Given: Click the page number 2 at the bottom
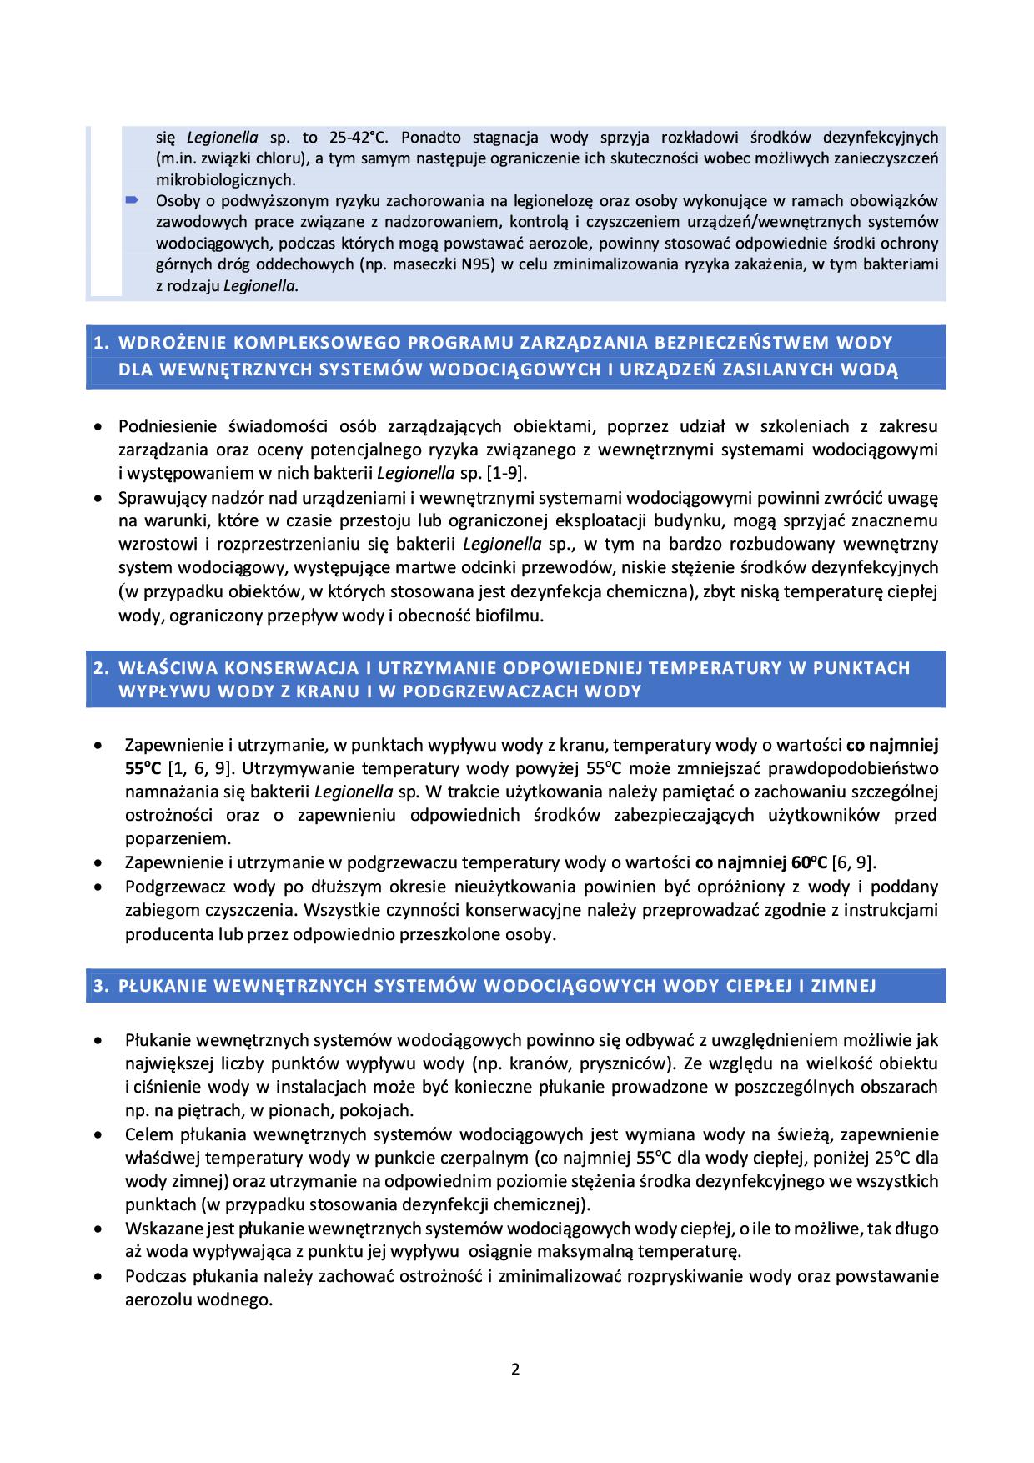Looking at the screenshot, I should point(515,1368).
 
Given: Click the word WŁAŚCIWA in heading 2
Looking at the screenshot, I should point(163,668).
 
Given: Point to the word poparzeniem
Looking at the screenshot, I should point(178,838).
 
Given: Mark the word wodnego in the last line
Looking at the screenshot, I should point(243,1300).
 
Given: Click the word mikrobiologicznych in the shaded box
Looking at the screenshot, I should point(225,179).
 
